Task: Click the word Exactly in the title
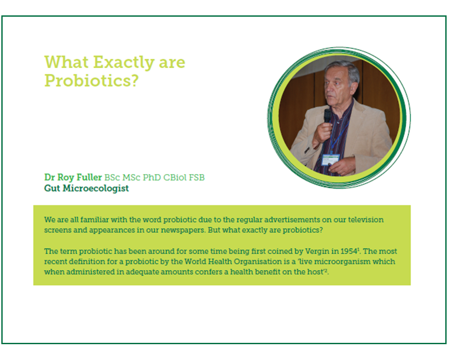[124, 63]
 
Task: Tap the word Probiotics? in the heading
[92, 80]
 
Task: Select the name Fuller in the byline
[89, 177]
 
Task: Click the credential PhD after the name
[152, 178]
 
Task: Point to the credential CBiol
[175, 178]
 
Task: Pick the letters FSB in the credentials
[197, 178]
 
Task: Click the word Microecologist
[96, 189]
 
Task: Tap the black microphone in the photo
[327, 116]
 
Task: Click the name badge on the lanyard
[330, 160]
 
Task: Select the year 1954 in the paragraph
[349, 251]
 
